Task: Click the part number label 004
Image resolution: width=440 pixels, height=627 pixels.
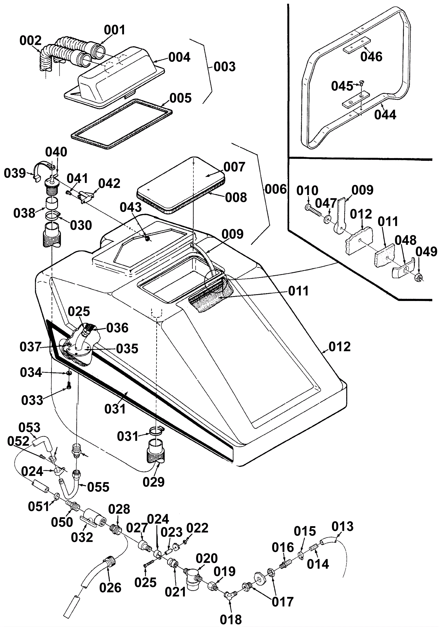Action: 179,57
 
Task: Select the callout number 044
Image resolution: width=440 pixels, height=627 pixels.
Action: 385,115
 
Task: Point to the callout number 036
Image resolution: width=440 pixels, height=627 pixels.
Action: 117,328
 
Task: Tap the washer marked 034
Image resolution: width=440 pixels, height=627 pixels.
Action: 69,373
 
